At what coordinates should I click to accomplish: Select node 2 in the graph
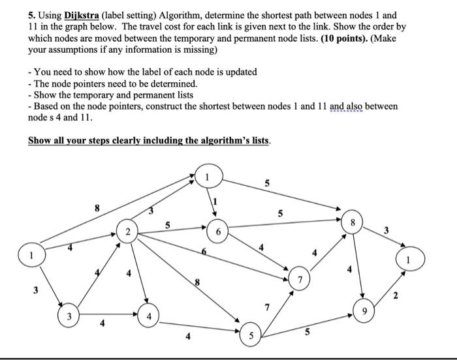coord(129,232)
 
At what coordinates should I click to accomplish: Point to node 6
coord(218,232)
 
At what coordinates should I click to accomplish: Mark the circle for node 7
coord(300,279)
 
